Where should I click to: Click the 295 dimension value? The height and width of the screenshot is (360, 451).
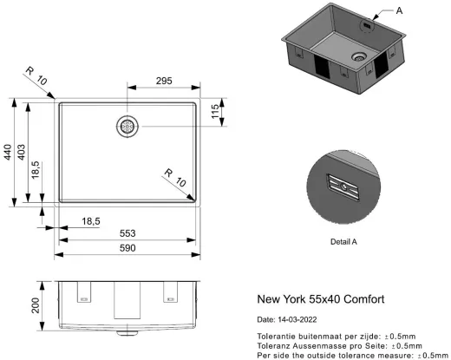click(163, 81)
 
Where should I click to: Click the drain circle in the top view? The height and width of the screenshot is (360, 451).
click(127, 127)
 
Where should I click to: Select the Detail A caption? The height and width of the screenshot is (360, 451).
click(343, 242)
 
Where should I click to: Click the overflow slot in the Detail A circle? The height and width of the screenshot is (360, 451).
click(343, 185)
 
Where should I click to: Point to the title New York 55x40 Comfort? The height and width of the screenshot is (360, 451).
click(321, 299)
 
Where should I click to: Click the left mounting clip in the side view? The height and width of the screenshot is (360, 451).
click(85, 294)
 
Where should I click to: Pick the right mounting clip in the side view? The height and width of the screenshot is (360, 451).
click(170, 294)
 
